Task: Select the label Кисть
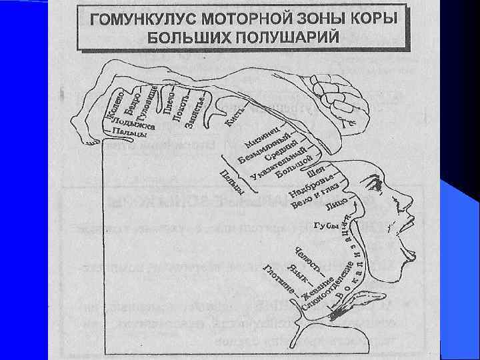[x=234, y=119]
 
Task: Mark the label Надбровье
[x=313, y=186]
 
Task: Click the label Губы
[x=326, y=227]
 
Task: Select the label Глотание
[x=278, y=281]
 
